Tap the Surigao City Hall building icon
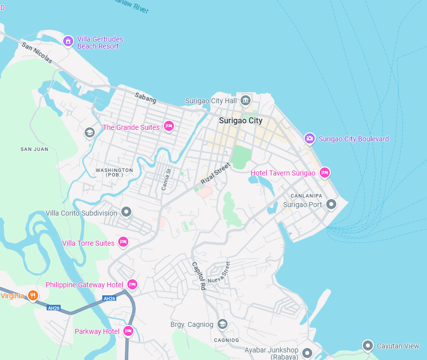tap(246, 101)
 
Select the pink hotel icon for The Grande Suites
tap(169, 126)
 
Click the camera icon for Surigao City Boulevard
tap(310, 138)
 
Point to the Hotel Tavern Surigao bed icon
tap(325, 172)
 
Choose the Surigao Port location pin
tap(331, 204)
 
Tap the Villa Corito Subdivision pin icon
tap(126, 212)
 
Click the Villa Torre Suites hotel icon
tap(123, 243)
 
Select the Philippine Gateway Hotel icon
tap(132, 284)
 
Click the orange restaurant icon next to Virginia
tap(33, 295)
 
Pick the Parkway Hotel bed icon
tap(128, 331)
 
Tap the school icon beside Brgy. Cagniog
tap(223, 324)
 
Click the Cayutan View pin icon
tap(368, 345)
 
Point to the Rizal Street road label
tap(216, 173)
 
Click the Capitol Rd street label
tap(199, 275)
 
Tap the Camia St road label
tap(166, 179)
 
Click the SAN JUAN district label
tap(35, 149)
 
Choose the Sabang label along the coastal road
tap(145, 98)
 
